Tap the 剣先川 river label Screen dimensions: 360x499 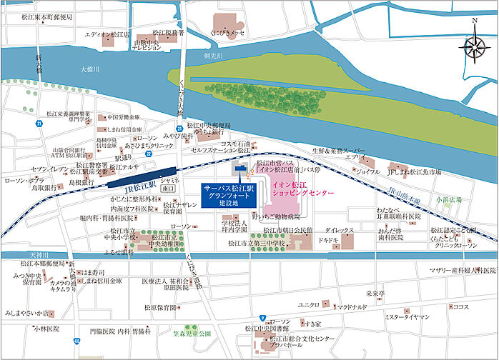tap(214, 56)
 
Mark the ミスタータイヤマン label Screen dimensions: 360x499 tap(406, 316)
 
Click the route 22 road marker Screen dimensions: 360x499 tap(148, 153)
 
